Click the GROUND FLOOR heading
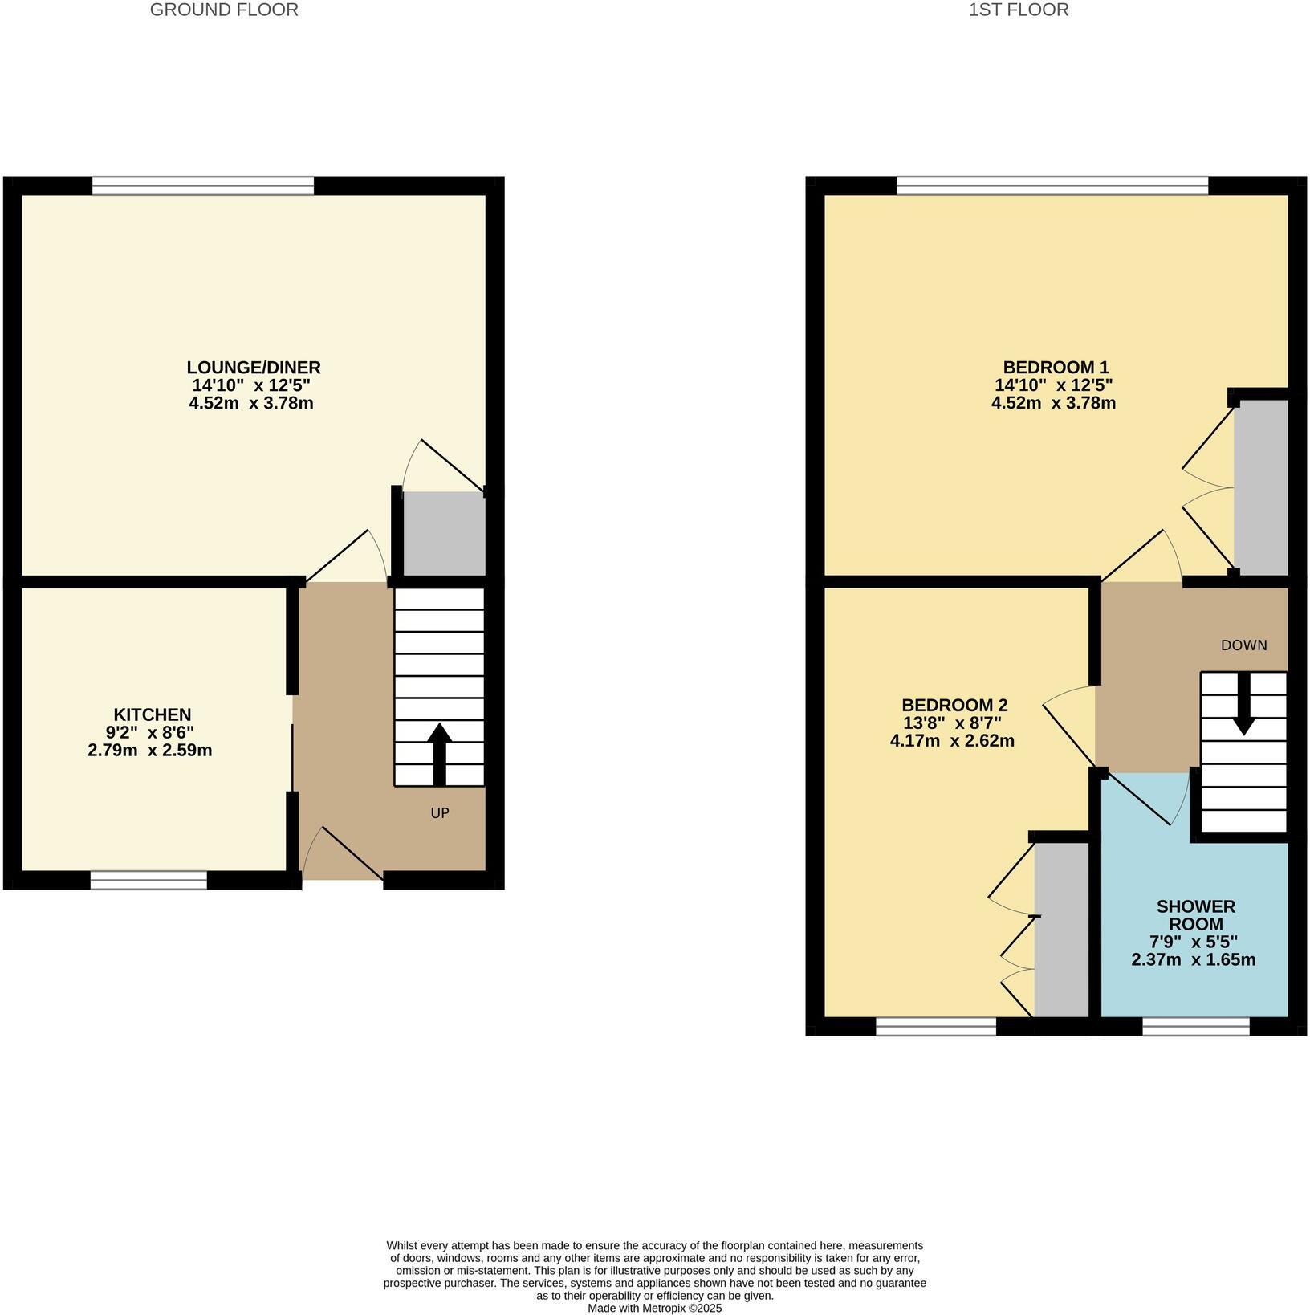224,10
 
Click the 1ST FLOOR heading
1019,10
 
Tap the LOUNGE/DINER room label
254,368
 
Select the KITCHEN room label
152,714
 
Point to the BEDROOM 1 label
1053,368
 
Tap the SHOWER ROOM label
1195,915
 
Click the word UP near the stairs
439,813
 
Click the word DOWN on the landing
1243,645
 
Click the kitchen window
148,881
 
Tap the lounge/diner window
202,186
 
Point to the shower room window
1195,1027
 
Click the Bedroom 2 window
935,1027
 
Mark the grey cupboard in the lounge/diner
444,533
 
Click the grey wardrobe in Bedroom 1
1260,487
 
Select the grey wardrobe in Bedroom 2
1060,930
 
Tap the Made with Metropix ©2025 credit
654,1308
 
